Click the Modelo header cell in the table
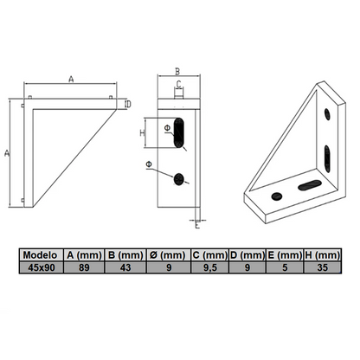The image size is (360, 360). [x=42, y=255]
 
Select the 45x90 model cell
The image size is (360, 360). [x=42, y=268]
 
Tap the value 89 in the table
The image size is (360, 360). [x=84, y=268]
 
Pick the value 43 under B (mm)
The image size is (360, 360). [x=126, y=268]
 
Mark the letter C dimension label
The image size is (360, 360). [x=178, y=85]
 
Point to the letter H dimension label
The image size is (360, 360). [x=143, y=132]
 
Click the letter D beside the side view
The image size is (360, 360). [x=127, y=104]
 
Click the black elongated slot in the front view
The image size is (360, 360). [x=181, y=133]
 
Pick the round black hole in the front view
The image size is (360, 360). [x=180, y=178]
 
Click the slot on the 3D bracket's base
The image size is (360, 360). [x=308, y=186]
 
